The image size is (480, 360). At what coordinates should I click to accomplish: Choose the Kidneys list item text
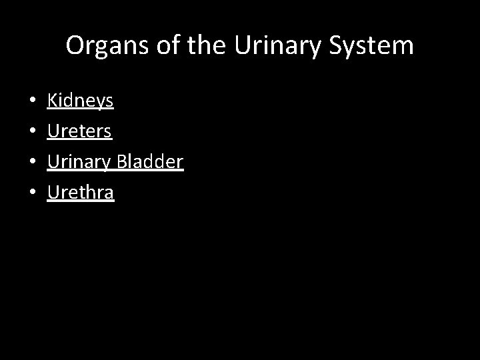[x=80, y=101]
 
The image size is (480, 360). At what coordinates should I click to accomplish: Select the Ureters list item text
[x=79, y=131]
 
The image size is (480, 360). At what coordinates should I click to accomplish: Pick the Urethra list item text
[x=81, y=193]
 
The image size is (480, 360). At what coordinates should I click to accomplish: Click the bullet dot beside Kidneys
[x=33, y=102]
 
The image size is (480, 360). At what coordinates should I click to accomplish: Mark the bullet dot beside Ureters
[x=33, y=132]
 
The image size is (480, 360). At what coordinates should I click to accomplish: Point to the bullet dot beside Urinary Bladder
[x=33, y=163]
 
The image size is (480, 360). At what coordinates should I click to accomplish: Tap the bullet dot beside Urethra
[x=33, y=193]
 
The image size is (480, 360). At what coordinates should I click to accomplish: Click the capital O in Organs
[x=75, y=45]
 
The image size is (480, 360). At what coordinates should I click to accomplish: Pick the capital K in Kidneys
[x=52, y=101]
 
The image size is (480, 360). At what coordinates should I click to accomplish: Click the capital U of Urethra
[x=53, y=193]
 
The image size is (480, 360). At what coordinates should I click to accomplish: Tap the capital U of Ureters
[x=53, y=131]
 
